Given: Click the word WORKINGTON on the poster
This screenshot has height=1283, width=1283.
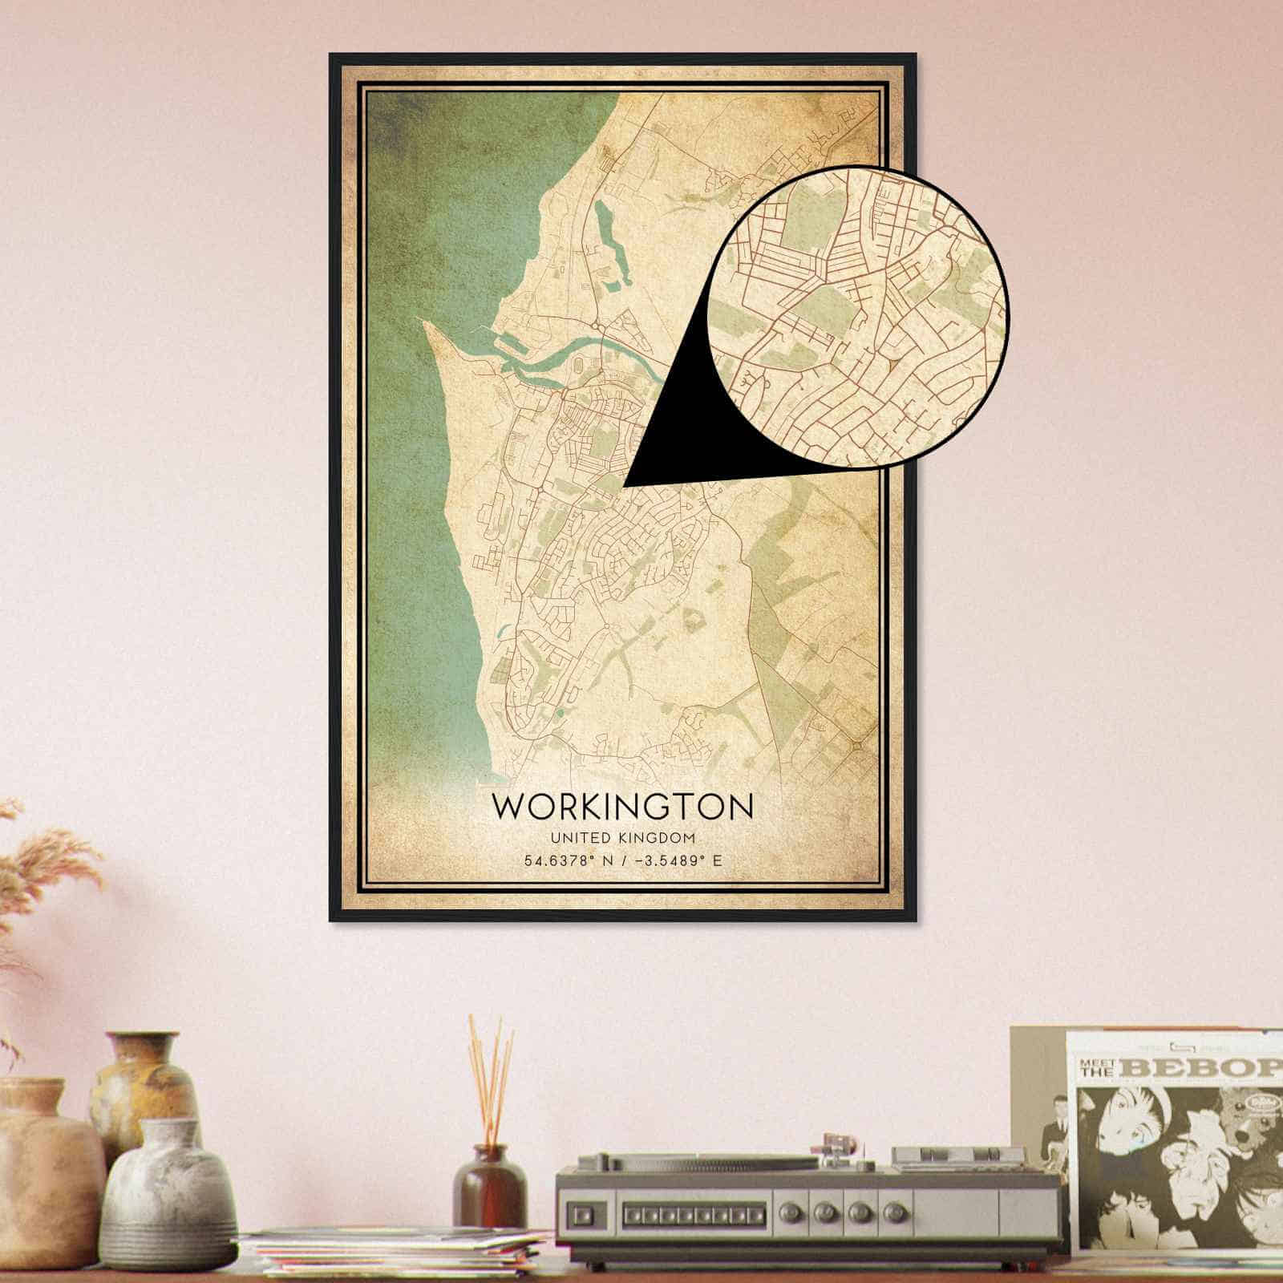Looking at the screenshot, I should (x=623, y=807).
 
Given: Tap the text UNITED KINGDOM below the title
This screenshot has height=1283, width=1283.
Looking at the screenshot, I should (x=623, y=838).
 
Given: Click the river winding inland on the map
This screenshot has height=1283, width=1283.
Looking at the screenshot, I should (x=561, y=361).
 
